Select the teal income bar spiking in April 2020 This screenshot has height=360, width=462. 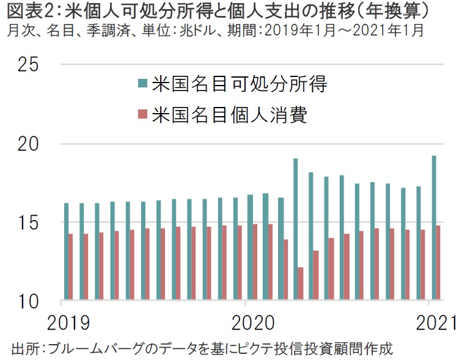pos(295,230)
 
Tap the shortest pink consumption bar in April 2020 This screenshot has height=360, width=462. pos(301,284)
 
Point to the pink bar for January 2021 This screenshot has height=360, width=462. pos(439,263)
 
